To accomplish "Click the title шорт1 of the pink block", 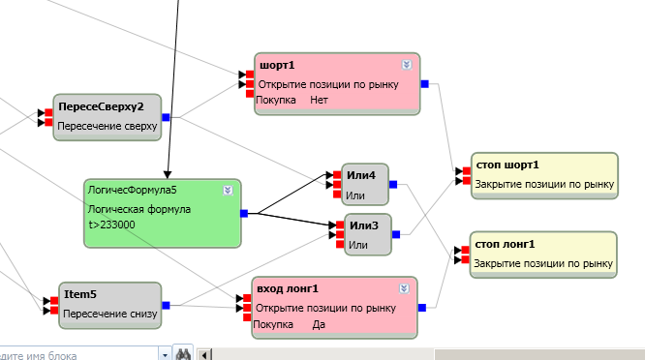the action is (277, 66).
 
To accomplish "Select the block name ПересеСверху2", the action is (101, 106).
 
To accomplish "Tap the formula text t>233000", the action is (111, 225).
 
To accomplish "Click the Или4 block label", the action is (361, 175).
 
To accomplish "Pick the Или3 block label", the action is (363, 225).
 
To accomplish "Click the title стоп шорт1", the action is (507, 165).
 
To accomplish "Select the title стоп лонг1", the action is (505, 245).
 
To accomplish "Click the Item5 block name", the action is (80, 294).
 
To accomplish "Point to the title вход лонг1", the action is (288, 289).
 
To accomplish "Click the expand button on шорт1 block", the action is (407, 65).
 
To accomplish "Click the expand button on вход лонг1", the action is (404, 288).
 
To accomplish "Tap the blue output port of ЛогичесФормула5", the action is (244, 213).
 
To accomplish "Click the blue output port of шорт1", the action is (425, 84).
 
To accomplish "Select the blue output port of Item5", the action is (167, 305).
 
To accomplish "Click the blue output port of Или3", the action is (396, 234).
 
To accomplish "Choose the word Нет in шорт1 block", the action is (319, 101).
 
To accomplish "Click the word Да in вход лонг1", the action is (319, 324).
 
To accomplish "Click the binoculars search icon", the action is (183, 353).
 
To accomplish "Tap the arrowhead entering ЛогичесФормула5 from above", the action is (167, 174).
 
